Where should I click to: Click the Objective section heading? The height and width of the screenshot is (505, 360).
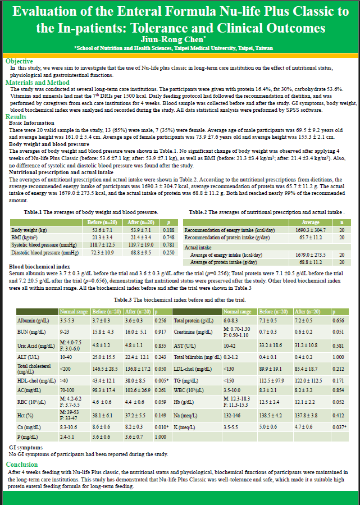coord(19,61)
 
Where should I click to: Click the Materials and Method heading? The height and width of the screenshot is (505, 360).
coord(38,83)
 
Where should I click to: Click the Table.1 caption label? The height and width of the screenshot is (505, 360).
coord(35,212)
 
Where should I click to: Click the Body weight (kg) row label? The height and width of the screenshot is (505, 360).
coord(29,230)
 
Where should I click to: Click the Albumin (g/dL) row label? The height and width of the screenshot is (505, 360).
coord(31,320)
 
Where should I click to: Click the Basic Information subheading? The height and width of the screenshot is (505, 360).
coord(31,122)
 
